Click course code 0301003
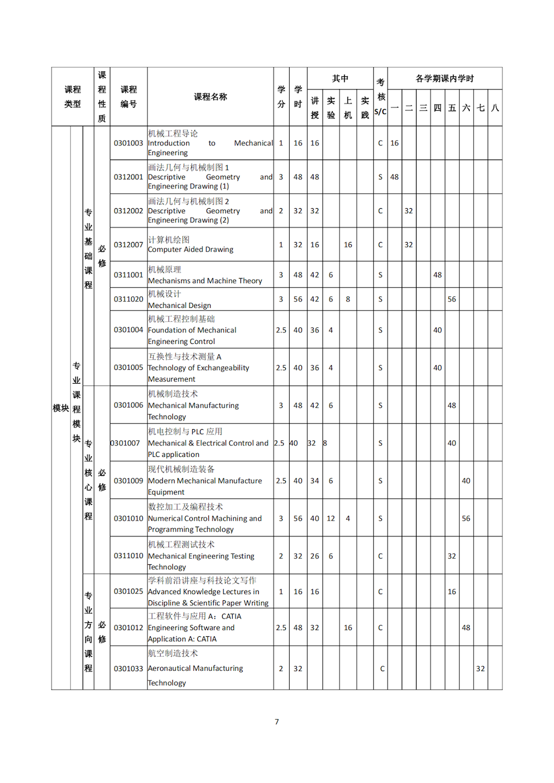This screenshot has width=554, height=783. [129, 143]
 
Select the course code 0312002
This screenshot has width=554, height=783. [129, 211]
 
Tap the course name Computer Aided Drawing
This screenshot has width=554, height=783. [191, 250]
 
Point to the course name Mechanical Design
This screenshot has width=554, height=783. [179, 306]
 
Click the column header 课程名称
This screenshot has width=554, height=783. [211, 97]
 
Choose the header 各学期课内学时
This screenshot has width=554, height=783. [445, 79]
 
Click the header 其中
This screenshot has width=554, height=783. [340, 79]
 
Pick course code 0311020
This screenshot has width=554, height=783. [129, 299]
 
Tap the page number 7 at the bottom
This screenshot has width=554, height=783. [277, 722]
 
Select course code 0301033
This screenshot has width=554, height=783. [129, 668]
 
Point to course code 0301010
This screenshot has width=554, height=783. [129, 518]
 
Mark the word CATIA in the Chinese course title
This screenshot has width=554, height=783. [232, 616]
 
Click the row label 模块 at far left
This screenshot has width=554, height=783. [61, 408]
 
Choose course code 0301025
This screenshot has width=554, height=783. [129, 591]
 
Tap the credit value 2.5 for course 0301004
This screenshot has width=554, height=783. [281, 330]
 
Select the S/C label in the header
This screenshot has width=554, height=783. [381, 111]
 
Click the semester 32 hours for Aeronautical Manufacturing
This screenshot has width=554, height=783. [480, 668]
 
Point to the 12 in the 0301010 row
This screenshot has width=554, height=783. [331, 518]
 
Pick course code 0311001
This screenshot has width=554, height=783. [129, 275]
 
